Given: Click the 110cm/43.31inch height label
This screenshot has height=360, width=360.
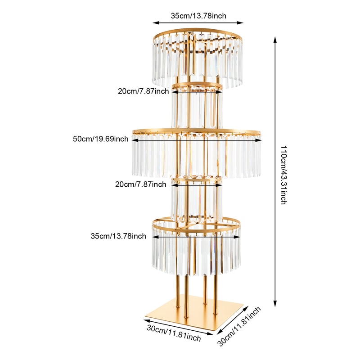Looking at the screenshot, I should pyautogui.click(x=283, y=175).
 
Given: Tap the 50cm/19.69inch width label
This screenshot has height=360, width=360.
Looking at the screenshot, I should pyautogui.click(x=100, y=139).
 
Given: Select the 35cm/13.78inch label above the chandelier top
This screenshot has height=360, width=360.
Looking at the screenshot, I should pyautogui.click(x=198, y=16).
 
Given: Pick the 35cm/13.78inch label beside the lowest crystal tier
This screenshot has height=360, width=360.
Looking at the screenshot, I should pyautogui.click(x=118, y=236).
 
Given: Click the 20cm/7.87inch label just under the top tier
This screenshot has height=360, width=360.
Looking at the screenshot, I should pyautogui.click(x=144, y=91).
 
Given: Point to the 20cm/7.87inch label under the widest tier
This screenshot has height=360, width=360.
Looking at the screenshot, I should pyautogui.click(x=140, y=184).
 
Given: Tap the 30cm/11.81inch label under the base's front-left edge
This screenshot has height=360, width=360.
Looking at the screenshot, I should pyautogui.click(x=174, y=333).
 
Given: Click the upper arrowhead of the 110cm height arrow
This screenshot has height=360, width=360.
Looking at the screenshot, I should pyautogui.click(x=275, y=40).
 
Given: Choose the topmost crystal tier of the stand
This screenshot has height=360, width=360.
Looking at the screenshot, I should pyautogui.click(x=198, y=58).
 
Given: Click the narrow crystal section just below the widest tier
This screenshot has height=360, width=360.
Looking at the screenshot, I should pyautogui.click(x=197, y=200).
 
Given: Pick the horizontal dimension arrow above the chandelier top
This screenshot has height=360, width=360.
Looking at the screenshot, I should pyautogui.click(x=198, y=22).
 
